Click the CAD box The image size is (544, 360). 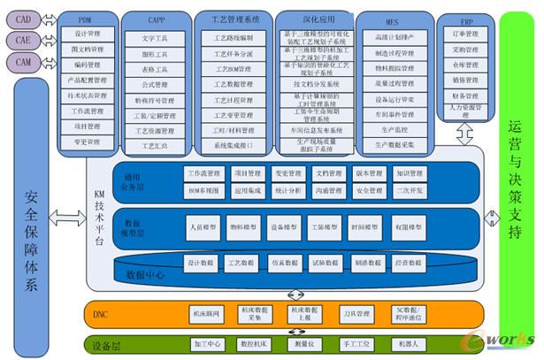pyautogui.click(x=23, y=19)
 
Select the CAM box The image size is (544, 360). pyautogui.click(x=23, y=61)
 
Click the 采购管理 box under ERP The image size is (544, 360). pyautogui.click(x=465, y=51)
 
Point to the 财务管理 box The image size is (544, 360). pyautogui.click(x=465, y=96)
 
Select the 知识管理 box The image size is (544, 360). pyautogui.click(x=410, y=173)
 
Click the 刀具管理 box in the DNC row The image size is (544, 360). pyautogui.click(x=354, y=312)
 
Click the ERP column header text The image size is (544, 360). pyautogui.click(x=465, y=19)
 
